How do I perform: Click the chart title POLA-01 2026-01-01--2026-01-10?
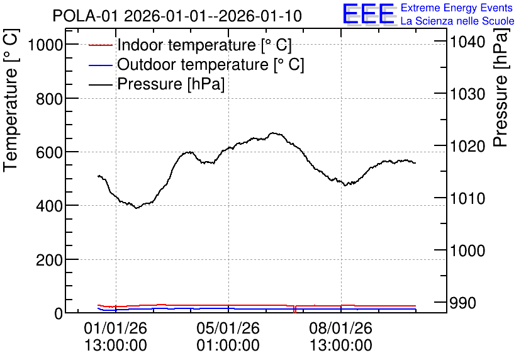coord(177,16)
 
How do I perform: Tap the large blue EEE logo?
coord(369,14)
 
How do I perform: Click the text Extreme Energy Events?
coord(457,8)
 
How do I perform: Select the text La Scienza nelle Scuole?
coord(457,21)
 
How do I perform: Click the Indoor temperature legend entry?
coord(190,45)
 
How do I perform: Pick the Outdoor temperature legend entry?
coord(196,64)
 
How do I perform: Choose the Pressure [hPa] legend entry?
coord(157,84)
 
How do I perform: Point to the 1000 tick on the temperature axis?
coord(46,45)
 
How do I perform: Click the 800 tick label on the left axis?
coord(49,99)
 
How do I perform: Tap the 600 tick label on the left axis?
coord(49,152)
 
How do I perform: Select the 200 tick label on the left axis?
coord(49,260)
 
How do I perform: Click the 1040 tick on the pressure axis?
coord(467,42)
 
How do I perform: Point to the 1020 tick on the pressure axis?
coord(467,146)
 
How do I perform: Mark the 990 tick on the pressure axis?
coord(462,303)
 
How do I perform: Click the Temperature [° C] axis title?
coord(11,101)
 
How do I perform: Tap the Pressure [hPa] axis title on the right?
coord(501,87)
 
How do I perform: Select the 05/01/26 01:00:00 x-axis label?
coord(228,337)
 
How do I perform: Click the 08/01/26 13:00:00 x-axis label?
coord(341,337)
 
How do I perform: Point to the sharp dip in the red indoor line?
coord(294,310)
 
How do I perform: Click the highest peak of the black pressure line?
coord(274,133)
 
